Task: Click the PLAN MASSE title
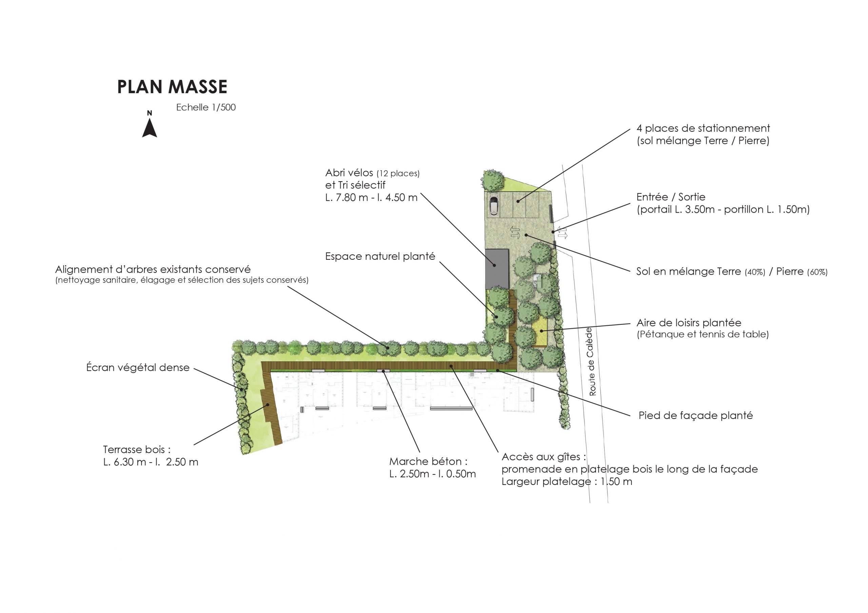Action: pos(172,87)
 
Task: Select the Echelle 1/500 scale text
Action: pos(206,107)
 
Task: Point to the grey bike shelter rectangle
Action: pos(497,269)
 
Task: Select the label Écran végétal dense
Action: pos(138,367)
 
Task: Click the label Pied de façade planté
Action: pos(696,416)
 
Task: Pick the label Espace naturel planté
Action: pos(380,256)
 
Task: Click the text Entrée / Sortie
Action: pos(671,197)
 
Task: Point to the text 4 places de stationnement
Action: pos(703,128)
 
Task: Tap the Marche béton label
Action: pos(428,462)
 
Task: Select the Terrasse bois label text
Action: pos(137,449)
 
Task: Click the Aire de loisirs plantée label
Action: pos(689,323)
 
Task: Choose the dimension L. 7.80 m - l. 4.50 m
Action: pos(371,197)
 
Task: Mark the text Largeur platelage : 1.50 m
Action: pos(567,482)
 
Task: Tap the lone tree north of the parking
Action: pos(493,180)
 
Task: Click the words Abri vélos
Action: pos(349,173)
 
